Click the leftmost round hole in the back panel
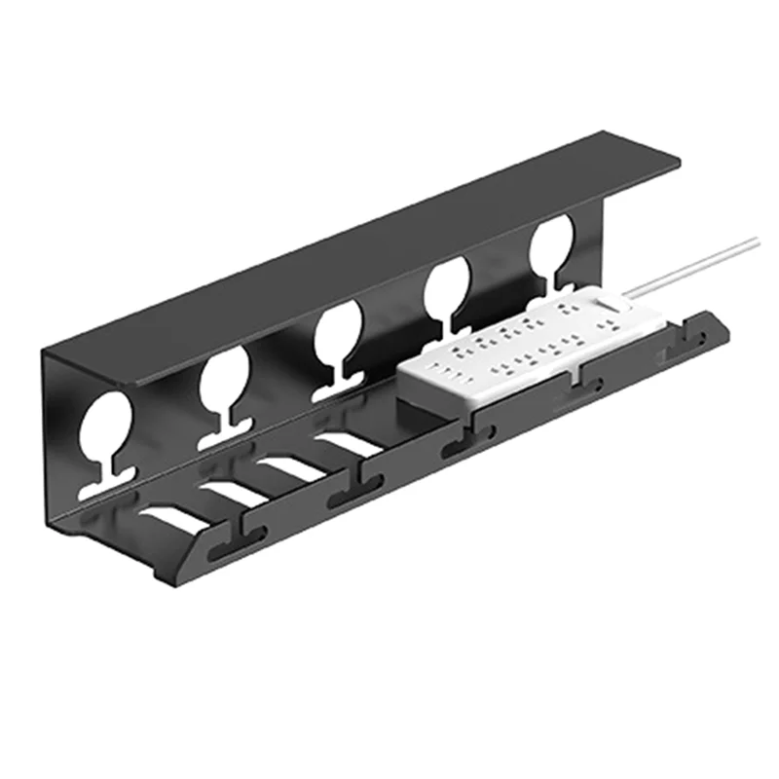pyautogui.click(x=105, y=427)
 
